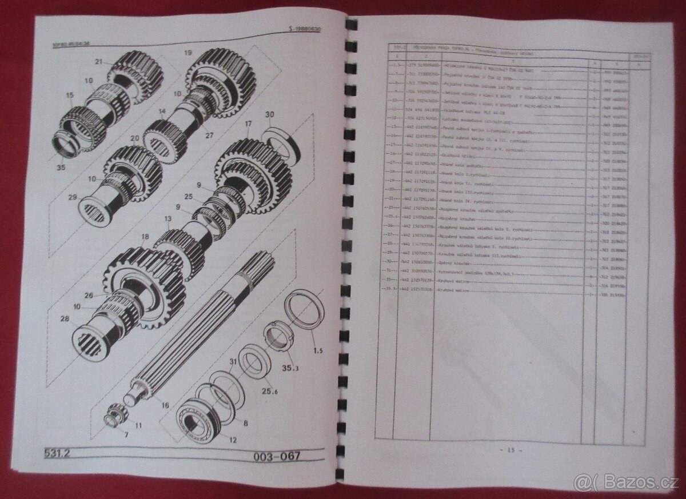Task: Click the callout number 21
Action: [98, 62]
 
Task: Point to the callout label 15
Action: [70, 95]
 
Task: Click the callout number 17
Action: [248, 123]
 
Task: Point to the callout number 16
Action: [166, 405]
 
